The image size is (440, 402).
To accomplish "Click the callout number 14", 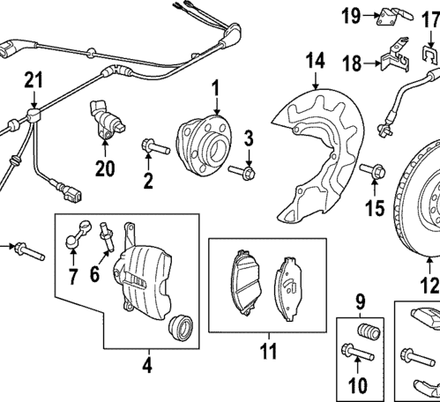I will (x=316, y=60).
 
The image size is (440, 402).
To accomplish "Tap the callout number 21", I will (x=33, y=81).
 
